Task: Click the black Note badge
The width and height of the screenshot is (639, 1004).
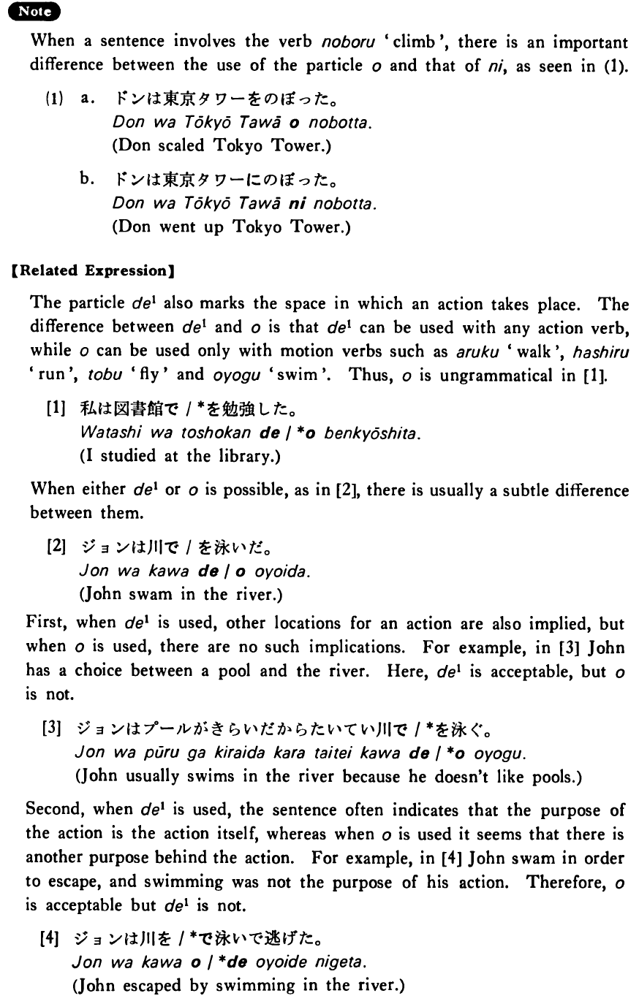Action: tap(29, 12)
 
